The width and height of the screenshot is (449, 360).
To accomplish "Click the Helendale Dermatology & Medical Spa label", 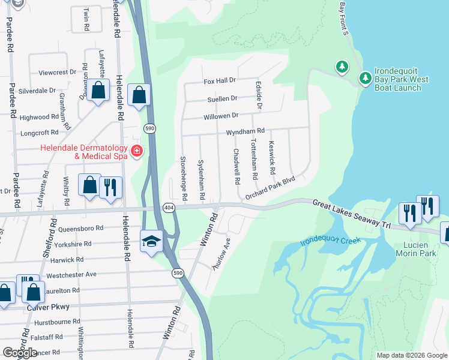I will click(84, 152).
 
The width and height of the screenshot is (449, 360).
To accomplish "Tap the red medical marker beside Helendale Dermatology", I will click(137, 150).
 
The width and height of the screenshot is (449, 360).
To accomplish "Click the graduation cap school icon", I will click(152, 241).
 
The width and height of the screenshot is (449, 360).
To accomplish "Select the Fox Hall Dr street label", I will click(220, 80).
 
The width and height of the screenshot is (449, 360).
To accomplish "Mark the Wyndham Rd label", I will click(245, 131).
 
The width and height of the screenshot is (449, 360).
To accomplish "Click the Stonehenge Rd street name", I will click(184, 178).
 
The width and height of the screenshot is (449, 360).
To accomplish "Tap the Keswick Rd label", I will click(272, 158).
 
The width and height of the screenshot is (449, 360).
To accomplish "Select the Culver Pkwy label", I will click(48, 307).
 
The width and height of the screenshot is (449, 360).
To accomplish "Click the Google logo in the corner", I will click(20, 353).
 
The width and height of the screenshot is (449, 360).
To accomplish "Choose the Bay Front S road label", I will click(343, 18).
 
